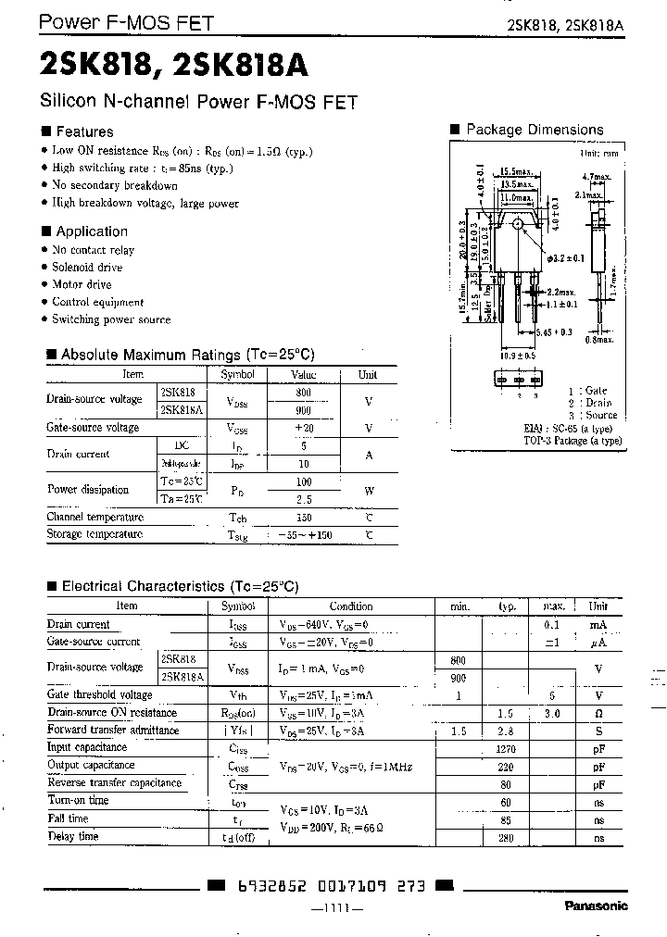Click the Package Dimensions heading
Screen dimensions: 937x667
[534, 131]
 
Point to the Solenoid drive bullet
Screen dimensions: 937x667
[87, 268]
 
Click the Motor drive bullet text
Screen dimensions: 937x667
[82, 284]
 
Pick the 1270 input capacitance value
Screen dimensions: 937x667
[505, 748]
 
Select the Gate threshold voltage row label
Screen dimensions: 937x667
[100, 695]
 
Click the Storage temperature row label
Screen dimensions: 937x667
[94, 534]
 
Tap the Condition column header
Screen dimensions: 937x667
[351, 606]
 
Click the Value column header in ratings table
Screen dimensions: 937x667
[304, 375]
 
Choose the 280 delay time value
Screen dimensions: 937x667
[506, 837]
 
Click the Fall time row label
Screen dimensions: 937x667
[68, 818]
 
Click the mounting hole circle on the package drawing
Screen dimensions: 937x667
[518, 223]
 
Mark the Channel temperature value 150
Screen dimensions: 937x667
[304, 518]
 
